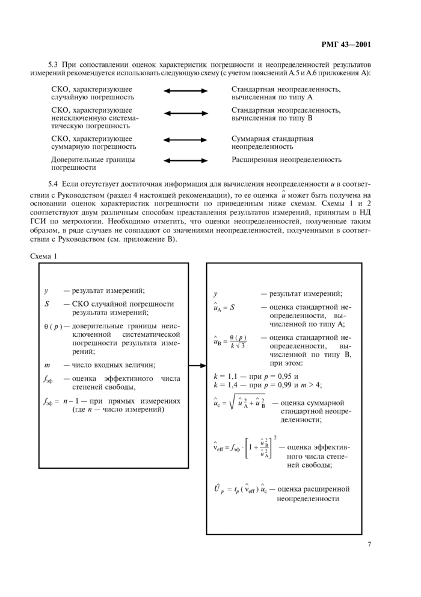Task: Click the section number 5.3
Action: point(54,64)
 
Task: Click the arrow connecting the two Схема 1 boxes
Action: point(197,365)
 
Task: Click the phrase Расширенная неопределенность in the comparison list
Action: point(286,160)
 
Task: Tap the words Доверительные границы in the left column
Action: point(93,160)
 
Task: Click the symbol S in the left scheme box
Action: point(46,304)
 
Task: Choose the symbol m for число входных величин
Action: point(47,364)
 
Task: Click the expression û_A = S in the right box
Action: point(224,307)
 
